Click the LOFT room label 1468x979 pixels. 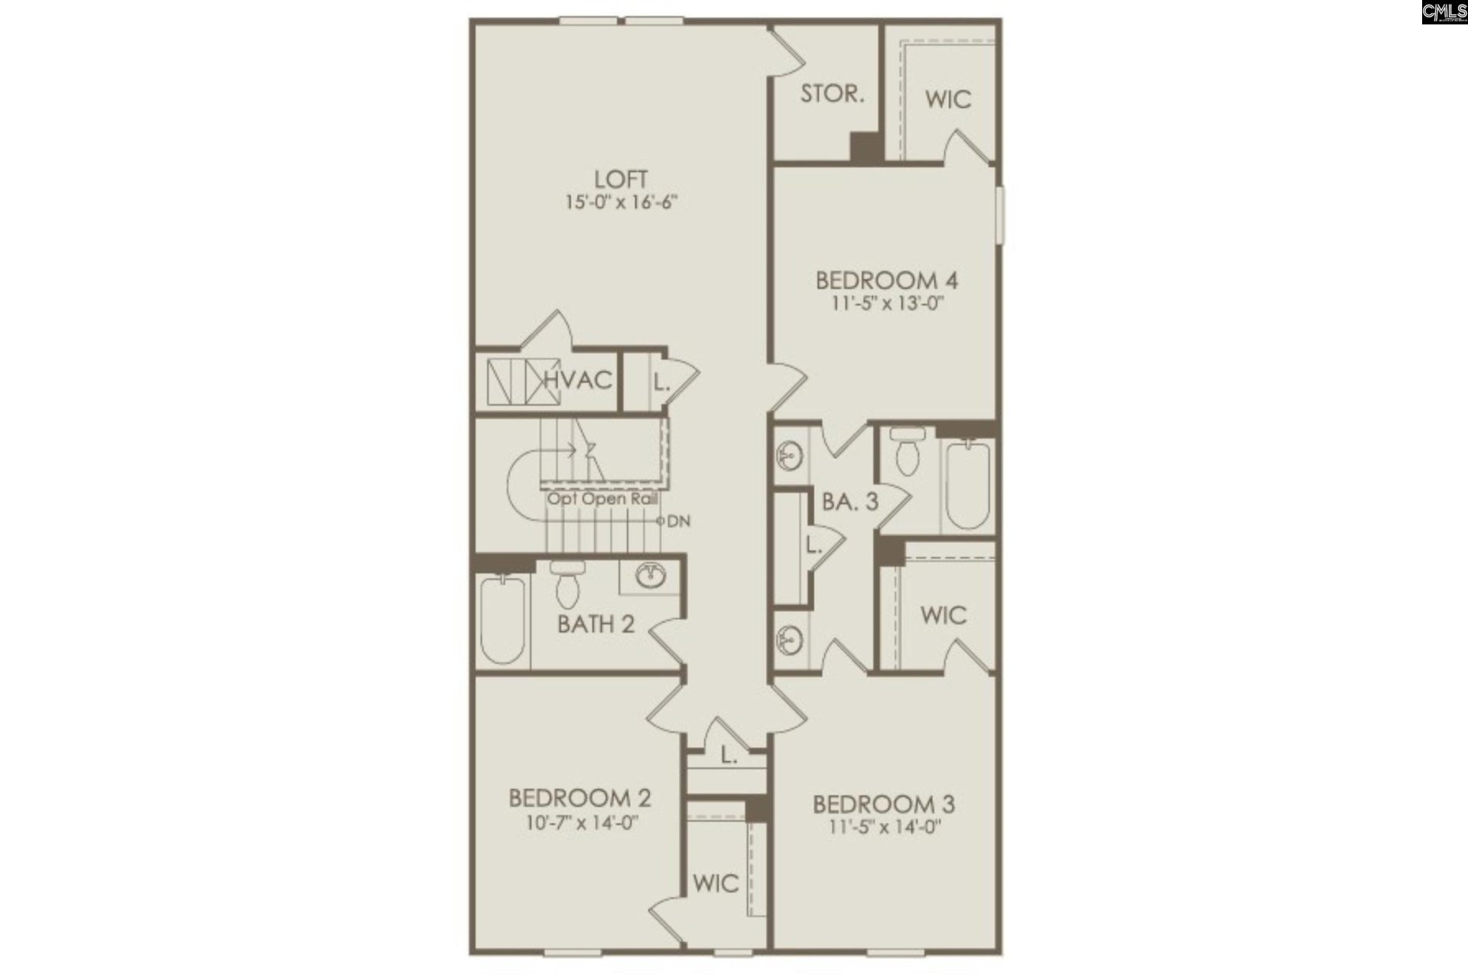click(x=621, y=180)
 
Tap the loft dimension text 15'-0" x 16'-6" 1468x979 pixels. click(x=622, y=203)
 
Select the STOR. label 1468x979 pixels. click(x=832, y=94)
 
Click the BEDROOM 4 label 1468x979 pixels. click(x=887, y=280)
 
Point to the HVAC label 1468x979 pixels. click(x=579, y=379)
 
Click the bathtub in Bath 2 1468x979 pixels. click(x=503, y=620)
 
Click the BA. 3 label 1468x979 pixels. click(x=849, y=502)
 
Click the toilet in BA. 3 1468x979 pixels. click(x=908, y=451)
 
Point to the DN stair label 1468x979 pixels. click(x=678, y=522)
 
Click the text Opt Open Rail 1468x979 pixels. click(x=602, y=499)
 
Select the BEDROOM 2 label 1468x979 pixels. click(x=580, y=798)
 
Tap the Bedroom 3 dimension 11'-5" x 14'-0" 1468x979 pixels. click(x=885, y=827)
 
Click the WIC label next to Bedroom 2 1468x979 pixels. click(x=716, y=883)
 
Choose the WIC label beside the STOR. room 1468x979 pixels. click(x=948, y=99)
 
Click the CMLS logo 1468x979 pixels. click(x=1444, y=12)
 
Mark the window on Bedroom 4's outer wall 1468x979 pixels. click(x=1000, y=216)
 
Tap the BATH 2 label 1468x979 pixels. click(x=596, y=624)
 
